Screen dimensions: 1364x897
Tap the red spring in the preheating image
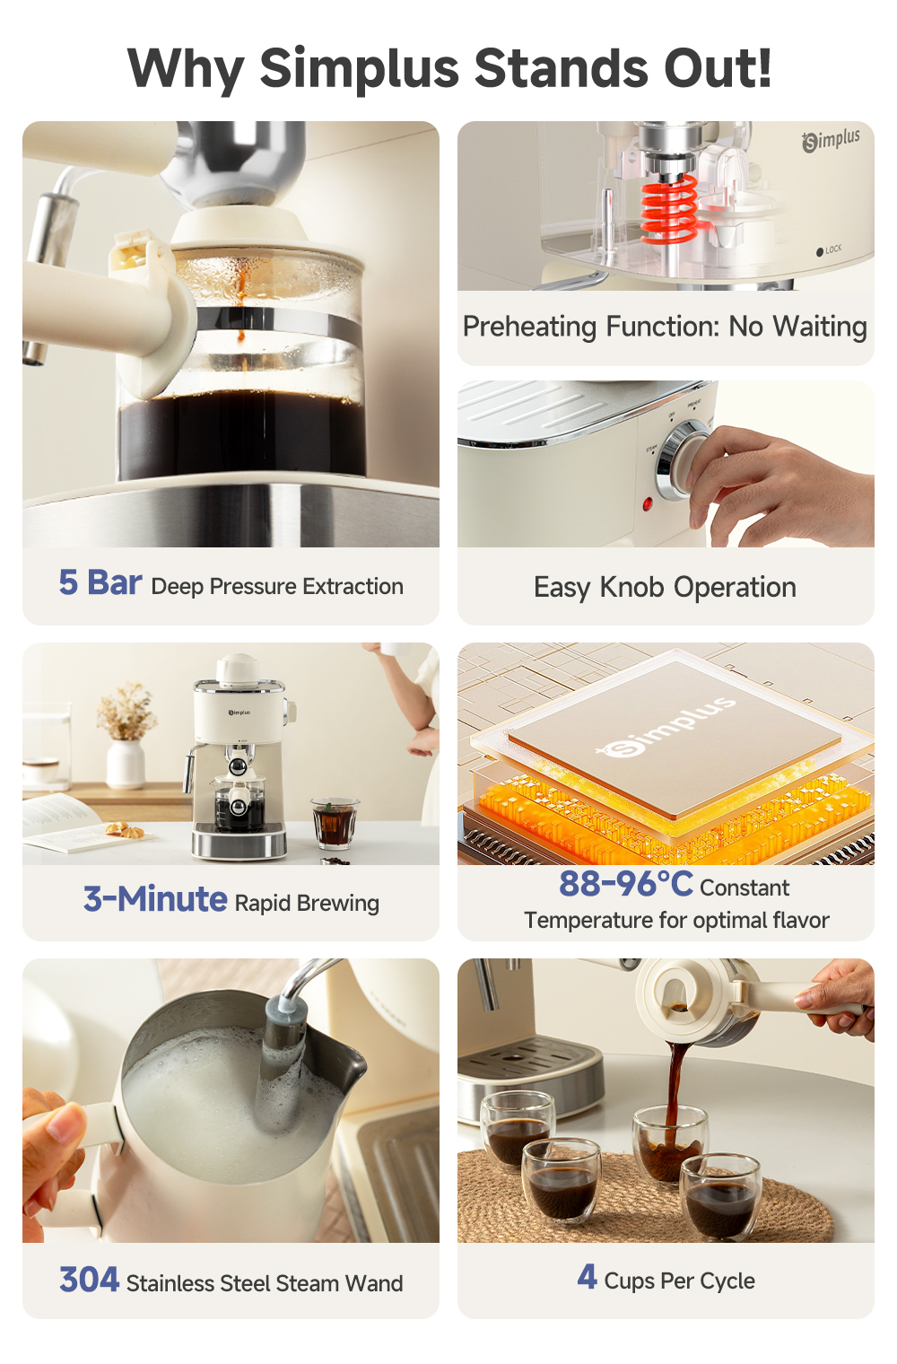[x=670, y=208]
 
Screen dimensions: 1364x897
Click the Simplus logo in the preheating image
[x=831, y=140]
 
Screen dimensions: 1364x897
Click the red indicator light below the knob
[x=648, y=503]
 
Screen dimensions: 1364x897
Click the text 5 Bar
[x=100, y=583]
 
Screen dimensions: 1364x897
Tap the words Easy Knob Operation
[x=665, y=588]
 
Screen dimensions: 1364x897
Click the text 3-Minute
[x=155, y=899]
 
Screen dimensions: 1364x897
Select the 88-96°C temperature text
[x=625, y=884]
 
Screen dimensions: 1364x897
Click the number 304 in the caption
[x=89, y=1280]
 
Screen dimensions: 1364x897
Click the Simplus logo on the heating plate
[x=669, y=728]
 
